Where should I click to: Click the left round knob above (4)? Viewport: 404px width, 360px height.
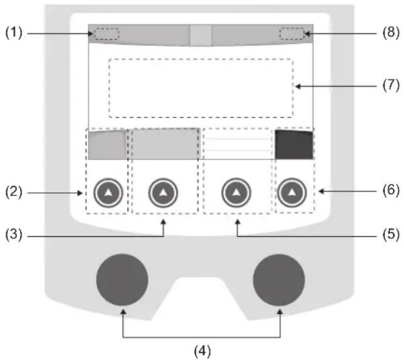click(x=122, y=280)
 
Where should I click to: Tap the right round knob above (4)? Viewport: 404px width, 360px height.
click(x=279, y=280)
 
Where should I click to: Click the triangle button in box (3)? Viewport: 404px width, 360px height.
click(x=163, y=194)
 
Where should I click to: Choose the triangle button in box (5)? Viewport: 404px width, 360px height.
click(x=236, y=194)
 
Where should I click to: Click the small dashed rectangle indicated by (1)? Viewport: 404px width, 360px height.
click(x=106, y=34)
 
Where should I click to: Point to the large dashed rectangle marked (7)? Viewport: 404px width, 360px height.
click(x=201, y=88)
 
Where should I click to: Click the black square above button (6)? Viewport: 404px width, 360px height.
click(x=294, y=145)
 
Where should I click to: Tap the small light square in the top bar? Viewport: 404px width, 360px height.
click(x=201, y=36)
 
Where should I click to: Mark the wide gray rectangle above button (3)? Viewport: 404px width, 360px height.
click(x=164, y=144)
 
